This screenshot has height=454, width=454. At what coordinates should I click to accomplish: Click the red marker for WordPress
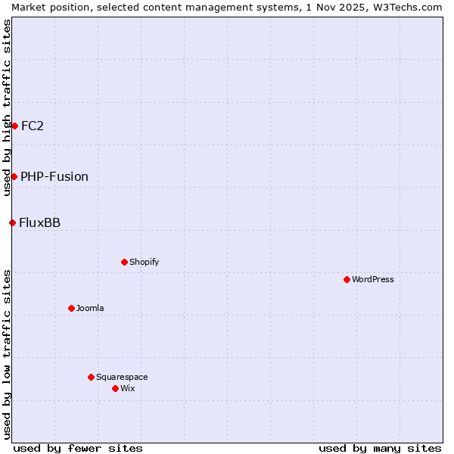pyautogui.click(x=347, y=279)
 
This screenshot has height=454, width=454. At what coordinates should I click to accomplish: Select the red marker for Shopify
pyautogui.click(x=124, y=262)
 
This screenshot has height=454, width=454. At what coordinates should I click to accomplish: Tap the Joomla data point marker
pyautogui.click(x=71, y=308)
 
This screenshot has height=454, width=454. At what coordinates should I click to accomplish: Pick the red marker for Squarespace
pyautogui.click(x=91, y=377)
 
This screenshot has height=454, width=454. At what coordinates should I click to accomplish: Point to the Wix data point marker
pyautogui.click(x=115, y=388)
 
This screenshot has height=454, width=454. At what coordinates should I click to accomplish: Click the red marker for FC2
pyautogui.click(x=14, y=126)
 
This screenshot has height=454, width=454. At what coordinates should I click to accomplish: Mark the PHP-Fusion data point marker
pyautogui.click(x=14, y=176)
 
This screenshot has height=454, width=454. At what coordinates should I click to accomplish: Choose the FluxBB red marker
pyautogui.click(x=12, y=222)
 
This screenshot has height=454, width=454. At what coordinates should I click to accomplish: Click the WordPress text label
pyautogui.click(x=373, y=279)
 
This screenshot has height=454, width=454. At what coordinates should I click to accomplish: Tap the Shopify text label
pyautogui.click(x=144, y=262)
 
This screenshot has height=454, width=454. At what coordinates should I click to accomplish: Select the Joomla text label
pyautogui.click(x=90, y=308)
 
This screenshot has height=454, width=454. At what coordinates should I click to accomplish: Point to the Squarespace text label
pyautogui.click(x=122, y=377)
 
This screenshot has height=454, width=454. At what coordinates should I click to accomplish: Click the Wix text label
pyautogui.click(x=127, y=388)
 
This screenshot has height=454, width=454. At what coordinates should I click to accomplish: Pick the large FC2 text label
pyautogui.click(x=33, y=126)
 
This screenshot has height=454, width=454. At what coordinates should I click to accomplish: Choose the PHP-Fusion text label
pyautogui.click(x=54, y=176)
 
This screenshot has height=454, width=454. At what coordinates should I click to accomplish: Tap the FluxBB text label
pyautogui.click(x=40, y=222)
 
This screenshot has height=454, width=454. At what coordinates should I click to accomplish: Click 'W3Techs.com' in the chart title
pyautogui.click(x=411, y=7)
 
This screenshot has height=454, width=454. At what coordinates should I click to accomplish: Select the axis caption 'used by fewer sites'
pyautogui.click(x=78, y=448)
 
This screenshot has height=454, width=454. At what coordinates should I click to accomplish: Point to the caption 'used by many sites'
pyautogui.click(x=380, y=448)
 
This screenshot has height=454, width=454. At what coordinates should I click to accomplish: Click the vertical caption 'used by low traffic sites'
pyautogui.click(x=7, y=354)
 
